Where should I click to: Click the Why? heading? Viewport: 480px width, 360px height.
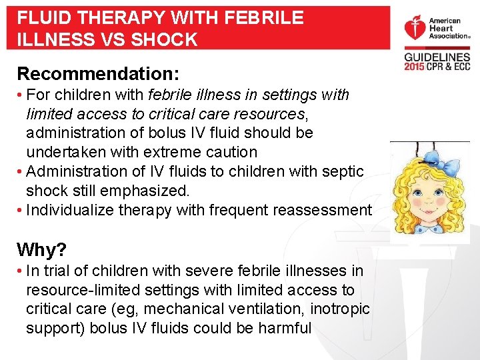coord(41,250)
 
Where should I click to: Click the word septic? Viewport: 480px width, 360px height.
coord(341,171)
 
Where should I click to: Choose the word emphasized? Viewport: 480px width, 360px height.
coord(131,191)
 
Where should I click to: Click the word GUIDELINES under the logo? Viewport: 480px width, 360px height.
coord(437,58)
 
